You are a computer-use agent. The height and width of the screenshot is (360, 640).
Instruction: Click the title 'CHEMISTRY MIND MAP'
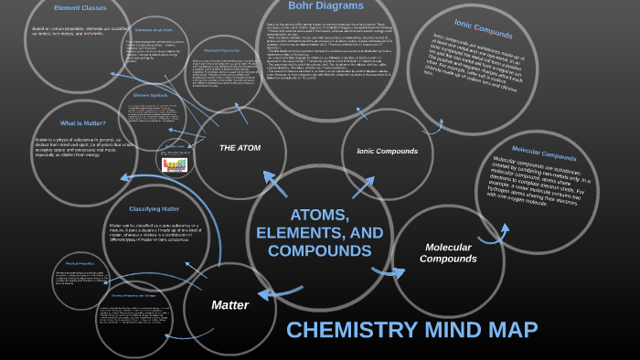[412, 331]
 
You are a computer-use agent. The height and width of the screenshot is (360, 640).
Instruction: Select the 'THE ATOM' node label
[240, 147]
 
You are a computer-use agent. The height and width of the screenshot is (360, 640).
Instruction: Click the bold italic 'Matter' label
[230, 304]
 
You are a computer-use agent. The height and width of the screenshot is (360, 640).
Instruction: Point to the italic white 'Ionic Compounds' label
[387, 151]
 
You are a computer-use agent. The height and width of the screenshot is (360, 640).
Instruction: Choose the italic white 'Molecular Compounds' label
[448, 253]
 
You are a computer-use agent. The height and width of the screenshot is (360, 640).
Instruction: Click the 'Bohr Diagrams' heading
[326, 5]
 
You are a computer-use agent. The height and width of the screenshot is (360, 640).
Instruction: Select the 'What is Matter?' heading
[83, 122]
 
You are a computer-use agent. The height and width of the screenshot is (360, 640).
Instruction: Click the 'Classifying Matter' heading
[154, 208]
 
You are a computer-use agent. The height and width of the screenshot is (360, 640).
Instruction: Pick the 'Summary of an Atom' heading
[155, 31]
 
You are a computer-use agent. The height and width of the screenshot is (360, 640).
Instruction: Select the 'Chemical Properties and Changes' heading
[133, 295]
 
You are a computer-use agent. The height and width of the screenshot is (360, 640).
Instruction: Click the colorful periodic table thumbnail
[175, 164]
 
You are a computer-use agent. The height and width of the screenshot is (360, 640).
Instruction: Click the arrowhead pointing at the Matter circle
[263, 294]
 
